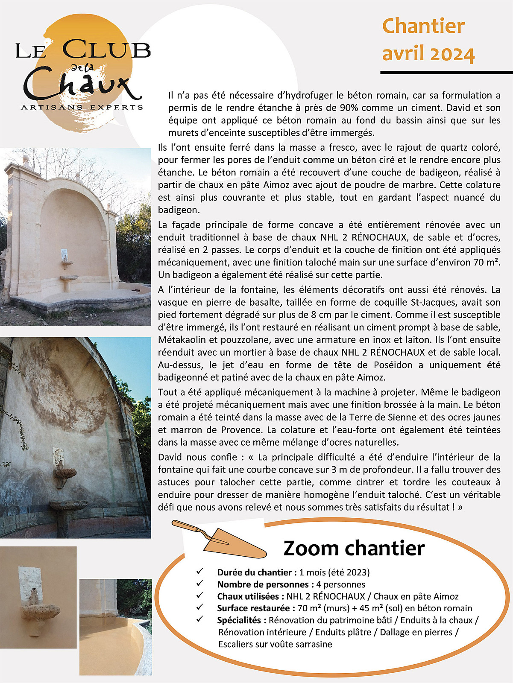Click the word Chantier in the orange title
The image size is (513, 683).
[x=423, y=26]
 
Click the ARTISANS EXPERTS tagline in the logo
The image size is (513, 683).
[x=82, y=107]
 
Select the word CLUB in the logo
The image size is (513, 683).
[x=107, y=50]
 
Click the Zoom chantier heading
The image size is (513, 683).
[x=354, y=548]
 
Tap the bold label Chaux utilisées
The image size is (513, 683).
[x=250, y=596]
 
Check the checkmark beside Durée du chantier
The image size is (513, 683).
[x=199, y=572]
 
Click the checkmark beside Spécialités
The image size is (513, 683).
[x=199, y=619]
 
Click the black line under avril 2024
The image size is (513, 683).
[x=446, y=73]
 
